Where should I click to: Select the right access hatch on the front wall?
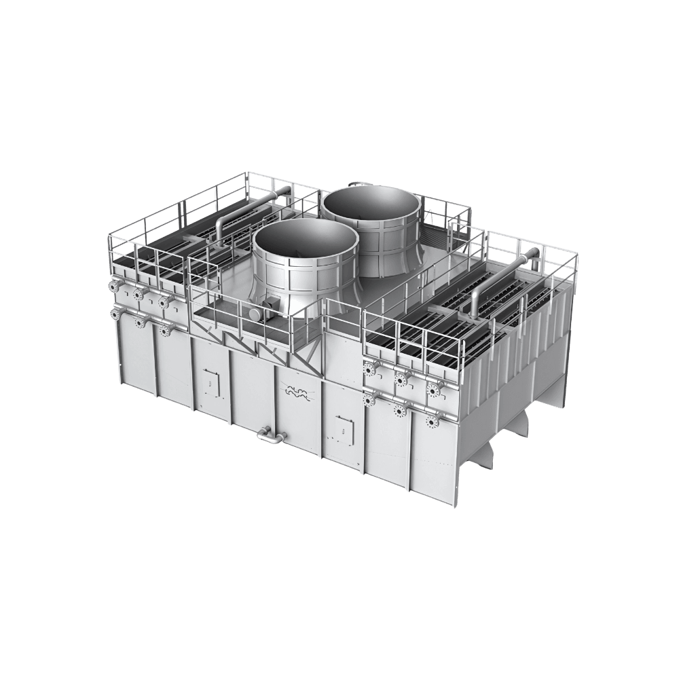point(344,426)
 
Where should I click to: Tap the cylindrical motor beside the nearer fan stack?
point(254,314)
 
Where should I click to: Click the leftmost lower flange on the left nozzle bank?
point(115,314)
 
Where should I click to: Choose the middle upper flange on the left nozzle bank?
point(139,295)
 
